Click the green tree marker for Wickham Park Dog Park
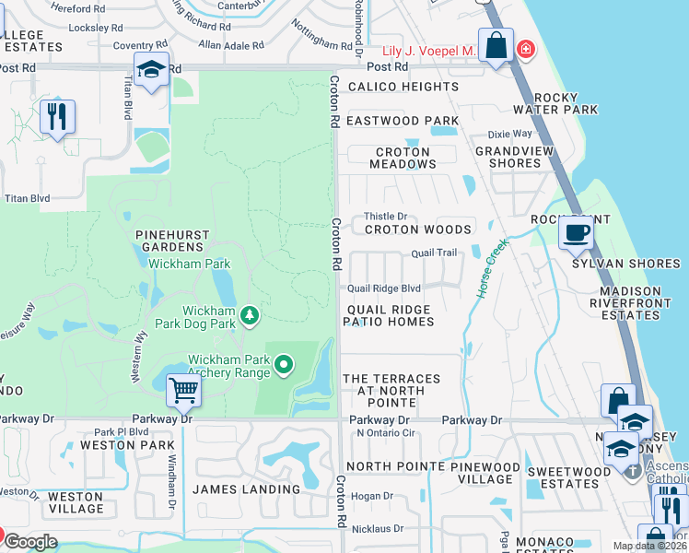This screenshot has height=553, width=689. pyautogui.click(x=249, y=317)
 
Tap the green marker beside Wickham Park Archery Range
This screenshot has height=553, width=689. pyautogui.click(x=284, y=366)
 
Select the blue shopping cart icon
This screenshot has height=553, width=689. pyautogui.click(x=183, y=390)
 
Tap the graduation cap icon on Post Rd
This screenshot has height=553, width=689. pyautogui.click(x=151, y=70)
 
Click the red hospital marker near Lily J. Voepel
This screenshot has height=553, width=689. pyautogui.click(x=525, y=48)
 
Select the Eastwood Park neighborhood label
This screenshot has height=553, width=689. pyautogui.click(x=402, y=121)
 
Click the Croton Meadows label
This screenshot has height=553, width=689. pyautogui.click(x=403, y=158)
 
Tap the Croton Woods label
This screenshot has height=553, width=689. pyautogui.click(x=418, y=229)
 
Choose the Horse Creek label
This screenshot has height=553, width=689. pyautogui.click(x=491, y=268)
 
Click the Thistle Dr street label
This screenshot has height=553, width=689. pyautogui.click(x=388, y=217)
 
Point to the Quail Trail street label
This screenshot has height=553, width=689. pyautogui.click(x=434, y=253)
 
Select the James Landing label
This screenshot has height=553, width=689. pyautogui.click(x=246, y=489)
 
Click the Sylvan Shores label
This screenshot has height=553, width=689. pyautogui.click(x=625, y=264)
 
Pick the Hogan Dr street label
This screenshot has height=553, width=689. pyautogui.click(x=372, y=496)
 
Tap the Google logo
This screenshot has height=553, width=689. pyautogui.click(x=31, y=542)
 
